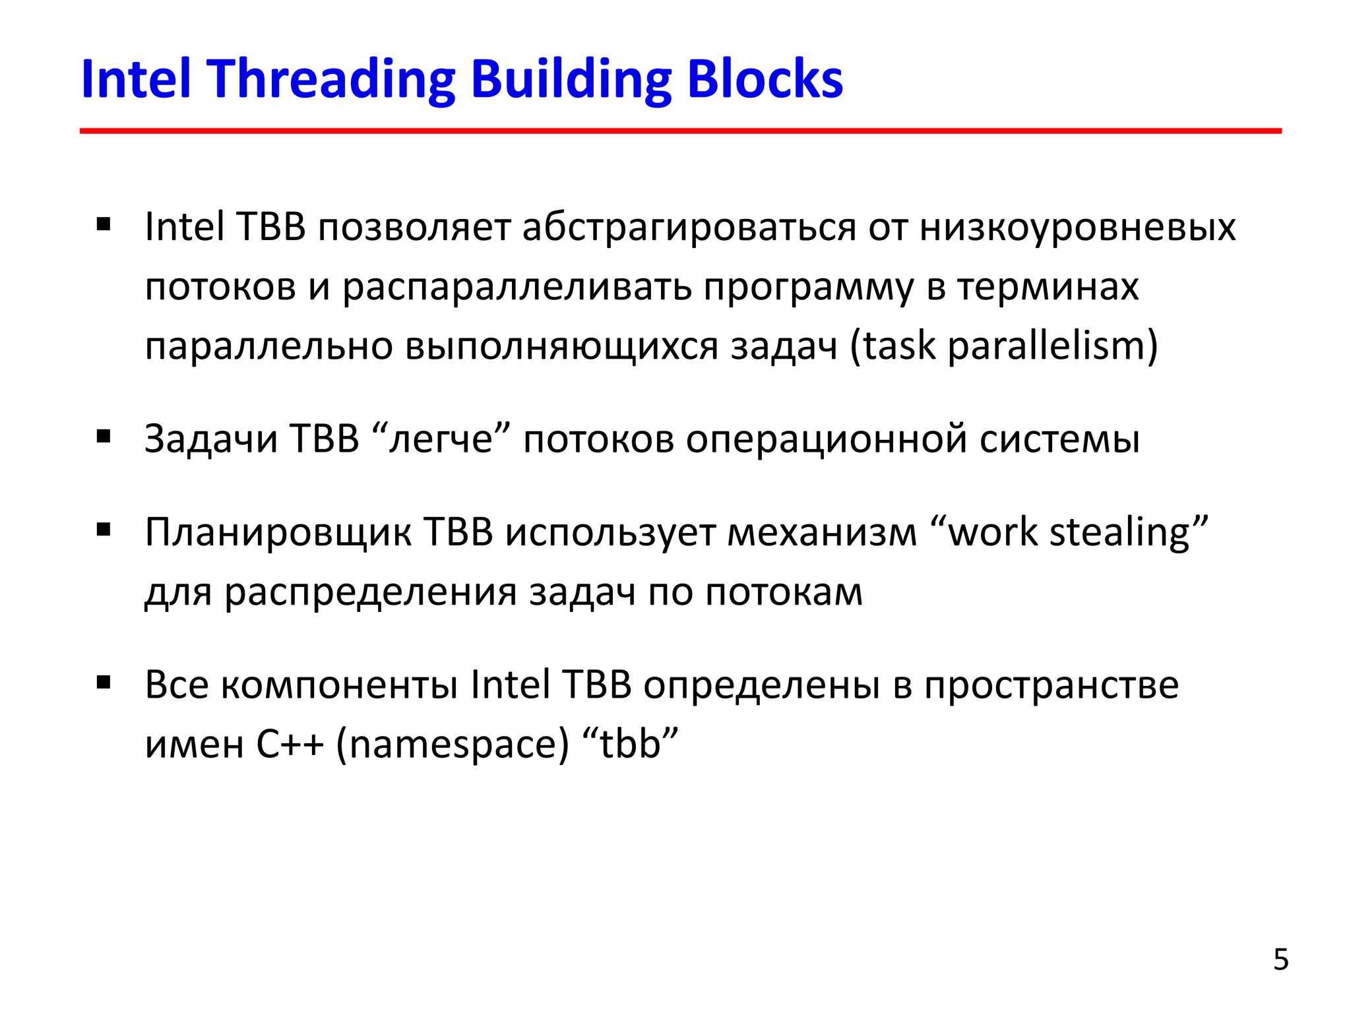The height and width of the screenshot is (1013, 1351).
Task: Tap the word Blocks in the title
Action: [765, 80]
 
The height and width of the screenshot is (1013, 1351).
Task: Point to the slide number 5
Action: [1280, 960]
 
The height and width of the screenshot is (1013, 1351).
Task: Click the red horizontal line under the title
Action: [679, 131]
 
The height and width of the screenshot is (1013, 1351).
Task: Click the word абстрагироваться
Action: [689, 228]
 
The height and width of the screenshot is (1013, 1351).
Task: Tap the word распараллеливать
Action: [517, 288]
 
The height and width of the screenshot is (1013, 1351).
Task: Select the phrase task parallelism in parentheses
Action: [1003, 346]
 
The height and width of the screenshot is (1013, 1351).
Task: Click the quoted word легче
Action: [441, 439]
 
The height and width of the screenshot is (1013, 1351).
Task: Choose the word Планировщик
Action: [277, 533]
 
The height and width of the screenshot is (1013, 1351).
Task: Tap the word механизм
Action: [822, 533]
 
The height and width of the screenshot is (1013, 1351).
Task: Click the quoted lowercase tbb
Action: [630, 744]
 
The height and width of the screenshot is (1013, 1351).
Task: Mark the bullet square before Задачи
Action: [104, 437]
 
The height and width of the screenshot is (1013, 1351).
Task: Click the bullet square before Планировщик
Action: [104, 530]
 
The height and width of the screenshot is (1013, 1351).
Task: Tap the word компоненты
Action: [339, 686]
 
